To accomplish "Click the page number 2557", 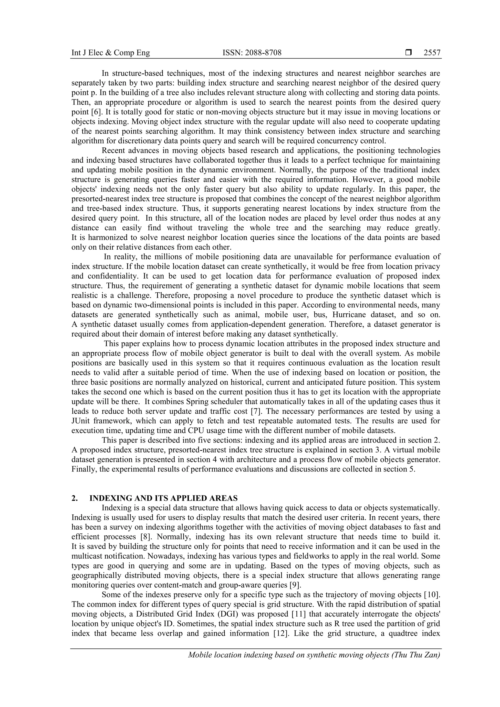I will click(x=432, y=53).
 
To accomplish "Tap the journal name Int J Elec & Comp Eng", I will click(x=111, y=53).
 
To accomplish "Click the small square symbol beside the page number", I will click(x=408, y=53).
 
